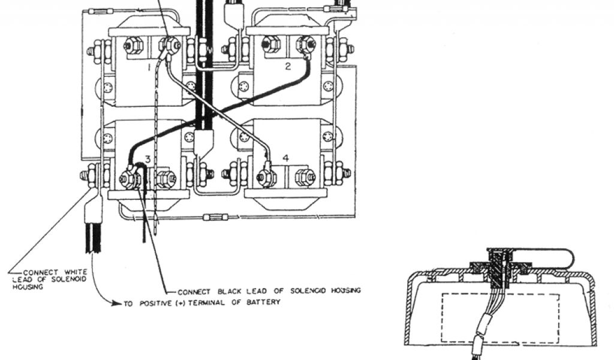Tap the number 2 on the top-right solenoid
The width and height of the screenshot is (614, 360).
coord(287,67)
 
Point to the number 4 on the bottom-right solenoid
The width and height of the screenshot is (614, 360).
coord(286,158)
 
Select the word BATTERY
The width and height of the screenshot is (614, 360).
coord(265,302)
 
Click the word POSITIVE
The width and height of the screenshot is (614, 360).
coord(155,303)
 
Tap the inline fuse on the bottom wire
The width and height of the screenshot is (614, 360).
coord(215,216)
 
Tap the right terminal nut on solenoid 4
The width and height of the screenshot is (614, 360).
coord(303,176)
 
